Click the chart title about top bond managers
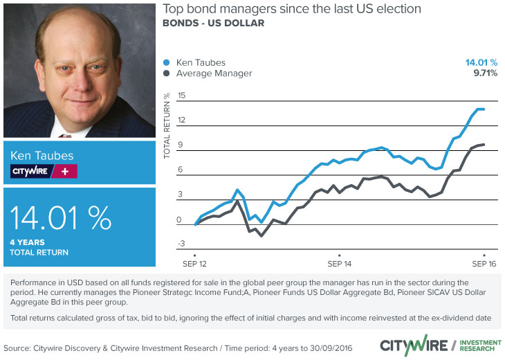coord(291,10)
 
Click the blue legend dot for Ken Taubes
coord(166,62)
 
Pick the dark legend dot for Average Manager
coord(166,73)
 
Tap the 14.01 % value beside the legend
coord(481,62)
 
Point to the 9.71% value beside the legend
coord(483,73)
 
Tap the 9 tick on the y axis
coord(182,145)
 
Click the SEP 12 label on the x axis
coord(195,264)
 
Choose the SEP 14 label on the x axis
coord(339,264)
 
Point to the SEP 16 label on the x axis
coord(483,264)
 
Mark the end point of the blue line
coord(483,109)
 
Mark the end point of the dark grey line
coord(483,144)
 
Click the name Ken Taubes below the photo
coord(41,155)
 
